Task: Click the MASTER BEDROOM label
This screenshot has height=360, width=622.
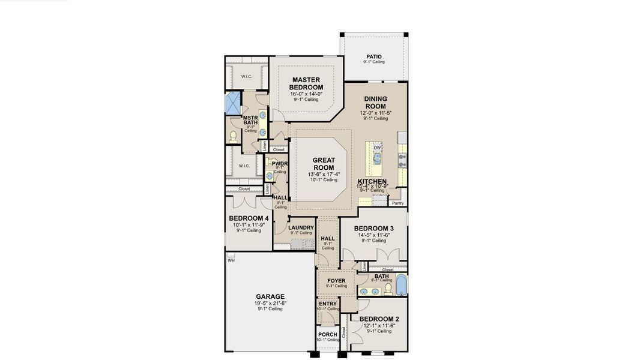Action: point(306,83)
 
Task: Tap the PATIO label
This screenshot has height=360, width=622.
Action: point(374,57)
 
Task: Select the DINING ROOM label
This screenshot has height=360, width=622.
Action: point(375,103)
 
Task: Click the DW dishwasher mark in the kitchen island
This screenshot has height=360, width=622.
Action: point(377,148)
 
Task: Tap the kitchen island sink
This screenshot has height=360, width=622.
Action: point(378,158)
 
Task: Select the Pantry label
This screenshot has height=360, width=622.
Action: point(397,203)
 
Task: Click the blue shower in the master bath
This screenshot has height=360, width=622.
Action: point(232,104)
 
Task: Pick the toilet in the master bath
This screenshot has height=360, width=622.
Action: point(234,137)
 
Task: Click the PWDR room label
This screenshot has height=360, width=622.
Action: point(280,163)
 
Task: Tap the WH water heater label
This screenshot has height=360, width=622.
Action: point(231,260)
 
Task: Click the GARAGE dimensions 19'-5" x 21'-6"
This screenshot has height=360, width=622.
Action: point(270,304)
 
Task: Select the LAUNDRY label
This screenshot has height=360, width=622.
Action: point(301,227)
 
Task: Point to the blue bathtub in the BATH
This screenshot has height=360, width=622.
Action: point(402,287)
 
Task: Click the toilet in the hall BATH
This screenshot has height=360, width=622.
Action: point(388,289)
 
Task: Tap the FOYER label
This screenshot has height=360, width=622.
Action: point(336,281)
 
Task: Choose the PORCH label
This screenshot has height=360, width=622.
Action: point(327,335)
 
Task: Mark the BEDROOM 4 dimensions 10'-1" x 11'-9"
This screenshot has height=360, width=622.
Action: point(249,225)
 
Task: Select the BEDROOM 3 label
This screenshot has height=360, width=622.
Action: point(373,229)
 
